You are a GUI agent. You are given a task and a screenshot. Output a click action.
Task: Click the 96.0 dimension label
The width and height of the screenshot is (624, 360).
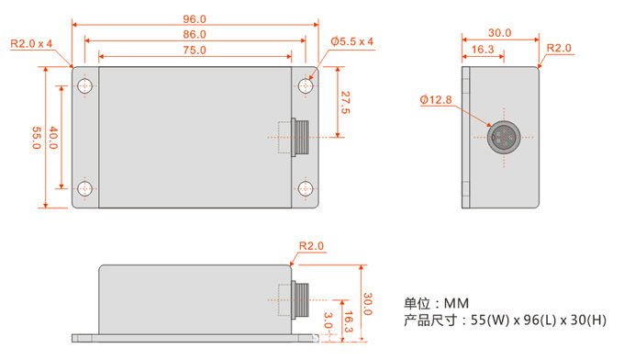coord(195,18)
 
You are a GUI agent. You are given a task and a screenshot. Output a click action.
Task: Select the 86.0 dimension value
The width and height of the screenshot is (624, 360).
coord(195,34)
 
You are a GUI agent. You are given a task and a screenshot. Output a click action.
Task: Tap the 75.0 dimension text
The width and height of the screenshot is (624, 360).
coord(195,51)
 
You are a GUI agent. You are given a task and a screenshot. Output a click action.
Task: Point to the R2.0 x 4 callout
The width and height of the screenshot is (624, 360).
coord(31,43)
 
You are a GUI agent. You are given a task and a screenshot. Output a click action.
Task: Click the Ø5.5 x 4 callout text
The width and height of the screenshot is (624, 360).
coord(351,41)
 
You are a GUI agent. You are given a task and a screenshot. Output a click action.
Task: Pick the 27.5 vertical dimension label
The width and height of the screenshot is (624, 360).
coord(345,103)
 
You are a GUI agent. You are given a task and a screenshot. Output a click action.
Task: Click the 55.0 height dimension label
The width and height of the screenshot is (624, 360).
coord(36,138)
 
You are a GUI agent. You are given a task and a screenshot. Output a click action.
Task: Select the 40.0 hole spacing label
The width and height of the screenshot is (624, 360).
coord(53,138)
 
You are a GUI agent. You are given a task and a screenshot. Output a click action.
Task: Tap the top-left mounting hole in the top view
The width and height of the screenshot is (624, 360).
coord(84,85)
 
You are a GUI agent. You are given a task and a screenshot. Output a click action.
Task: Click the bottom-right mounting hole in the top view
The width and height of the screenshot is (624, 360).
coord(306,189)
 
